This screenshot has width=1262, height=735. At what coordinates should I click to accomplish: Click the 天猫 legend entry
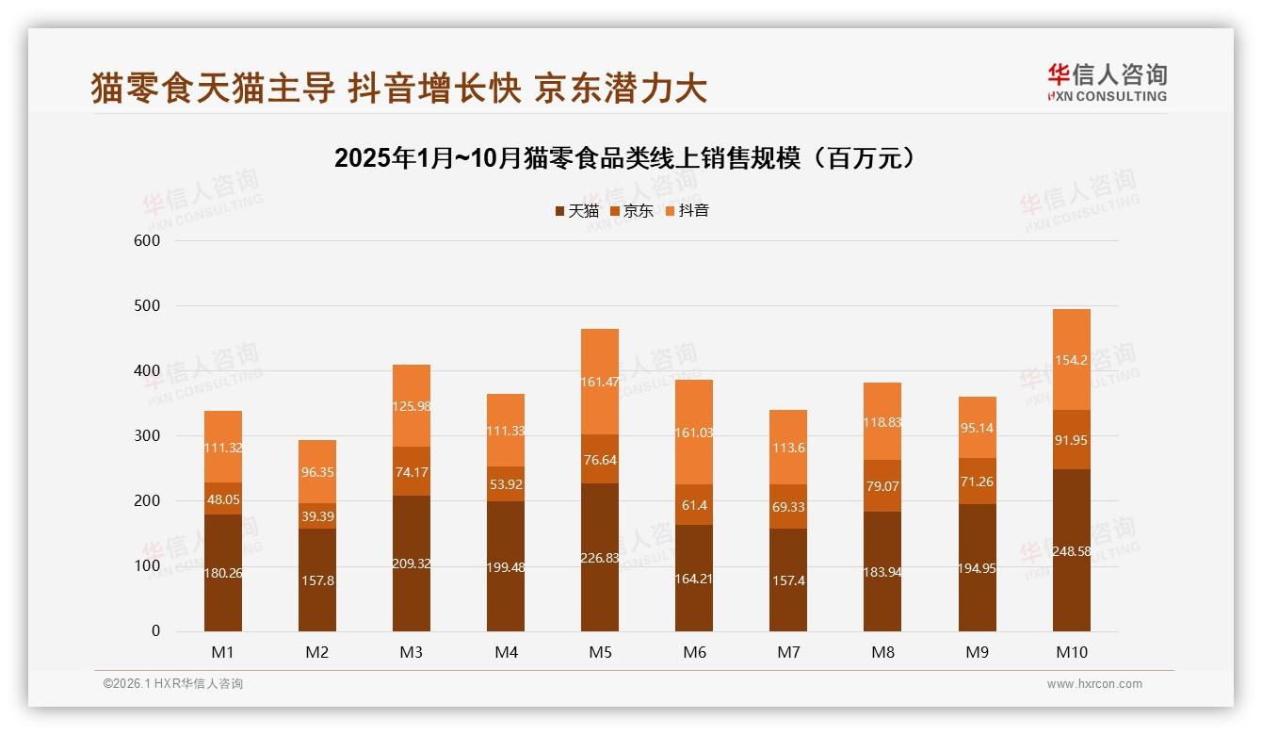(576, 211)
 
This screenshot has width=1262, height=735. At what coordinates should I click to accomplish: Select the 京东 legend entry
(631, 211)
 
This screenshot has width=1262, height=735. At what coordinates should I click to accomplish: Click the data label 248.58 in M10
(1071, 551)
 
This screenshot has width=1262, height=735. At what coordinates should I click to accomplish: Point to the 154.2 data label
(1071, 360)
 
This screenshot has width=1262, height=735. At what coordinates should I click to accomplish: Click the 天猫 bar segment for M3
(412, 563)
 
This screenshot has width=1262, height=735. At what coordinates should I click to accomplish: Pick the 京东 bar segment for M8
(882, 486)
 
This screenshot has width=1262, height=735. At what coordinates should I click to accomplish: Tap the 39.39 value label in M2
(317, 516)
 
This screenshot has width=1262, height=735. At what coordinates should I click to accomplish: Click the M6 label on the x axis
(694, 652)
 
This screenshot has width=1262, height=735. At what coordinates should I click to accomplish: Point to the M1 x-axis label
(223, 652)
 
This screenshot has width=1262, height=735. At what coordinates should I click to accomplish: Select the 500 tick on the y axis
(149, 306)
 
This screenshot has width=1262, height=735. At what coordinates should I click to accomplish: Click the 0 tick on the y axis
(155, 631)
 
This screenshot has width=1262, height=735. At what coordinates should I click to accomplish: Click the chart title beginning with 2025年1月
(625, 157)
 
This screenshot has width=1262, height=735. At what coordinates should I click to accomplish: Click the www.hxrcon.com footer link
(1094, 684)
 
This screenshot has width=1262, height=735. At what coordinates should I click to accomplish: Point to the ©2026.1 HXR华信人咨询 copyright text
(173, 684)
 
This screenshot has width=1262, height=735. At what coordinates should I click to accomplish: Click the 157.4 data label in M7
(788, 580)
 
